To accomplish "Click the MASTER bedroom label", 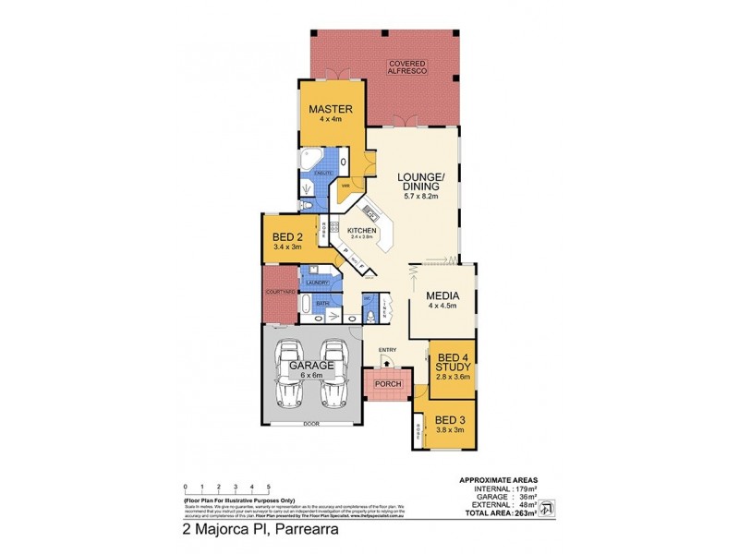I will click(331, 108).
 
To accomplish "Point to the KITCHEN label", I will click(363, 230).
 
